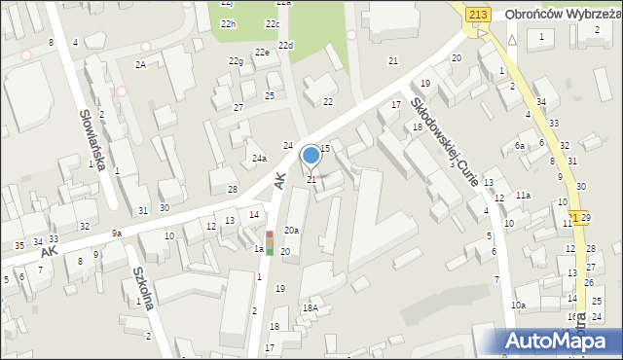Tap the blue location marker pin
point(311,156)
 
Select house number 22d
point(285,46)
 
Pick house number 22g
point(236,61)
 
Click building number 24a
point(259,158)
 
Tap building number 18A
point(310,307)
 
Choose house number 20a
point(291,231)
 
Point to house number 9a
point(117,233)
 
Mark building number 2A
point(141,64)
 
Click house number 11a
point(523,196)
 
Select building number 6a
point(520,145)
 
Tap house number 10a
point(519,306)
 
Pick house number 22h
point(228,23)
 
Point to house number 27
point(238,107)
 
